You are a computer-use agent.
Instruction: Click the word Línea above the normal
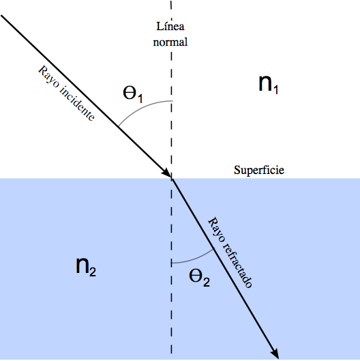170,26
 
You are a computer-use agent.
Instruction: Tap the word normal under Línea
170,42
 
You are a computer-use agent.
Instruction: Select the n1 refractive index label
269,84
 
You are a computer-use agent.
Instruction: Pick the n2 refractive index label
86,266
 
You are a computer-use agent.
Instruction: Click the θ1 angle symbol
133,94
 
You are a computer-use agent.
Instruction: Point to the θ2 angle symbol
199,278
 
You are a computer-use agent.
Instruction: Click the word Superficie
259,171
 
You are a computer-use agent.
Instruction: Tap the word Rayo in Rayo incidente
50,77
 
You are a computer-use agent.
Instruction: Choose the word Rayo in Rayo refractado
216,230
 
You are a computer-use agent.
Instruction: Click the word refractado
237,265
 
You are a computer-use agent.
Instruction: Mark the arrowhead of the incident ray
167,173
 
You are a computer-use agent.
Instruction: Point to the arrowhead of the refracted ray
275,353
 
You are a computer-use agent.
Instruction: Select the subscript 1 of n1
275,89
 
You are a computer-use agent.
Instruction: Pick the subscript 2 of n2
93,272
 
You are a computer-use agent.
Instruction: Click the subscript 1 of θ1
140,98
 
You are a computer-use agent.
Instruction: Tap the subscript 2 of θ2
207,283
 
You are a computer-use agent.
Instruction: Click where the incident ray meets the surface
172,178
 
